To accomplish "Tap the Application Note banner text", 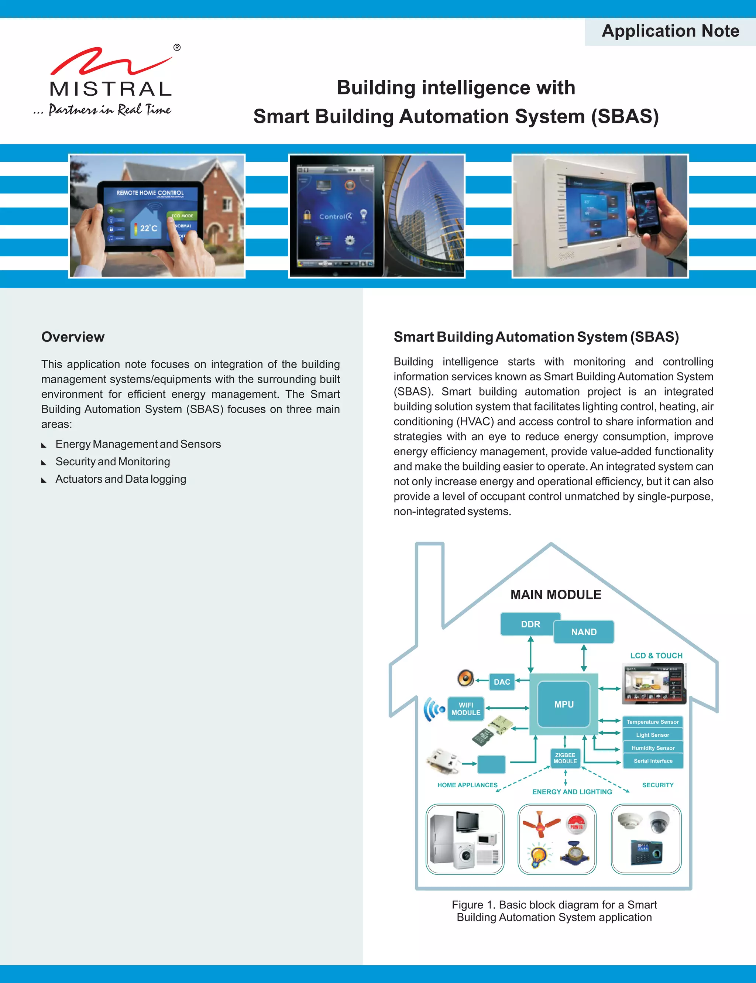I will (670, 31).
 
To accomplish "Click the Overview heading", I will (73, 337).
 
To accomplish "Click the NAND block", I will (584, 632).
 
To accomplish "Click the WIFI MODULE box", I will (466, 709).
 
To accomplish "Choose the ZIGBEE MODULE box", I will (565, 758).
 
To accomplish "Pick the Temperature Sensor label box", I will (653, 722).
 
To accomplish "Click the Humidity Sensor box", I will (653, 748).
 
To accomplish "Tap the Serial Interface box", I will (653, 761).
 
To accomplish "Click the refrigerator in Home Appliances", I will (441, 839).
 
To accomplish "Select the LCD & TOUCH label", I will (656, 656).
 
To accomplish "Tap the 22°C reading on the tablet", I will (148, 228).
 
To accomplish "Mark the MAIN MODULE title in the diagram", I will (556, 595).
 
